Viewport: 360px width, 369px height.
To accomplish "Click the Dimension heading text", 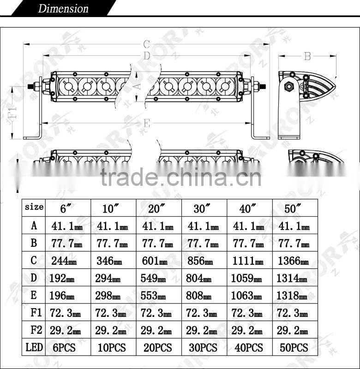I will tap(63, 8).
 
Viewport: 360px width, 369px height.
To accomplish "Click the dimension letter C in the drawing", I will tap(146, 45).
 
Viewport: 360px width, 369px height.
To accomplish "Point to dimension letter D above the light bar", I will tap(146, 56).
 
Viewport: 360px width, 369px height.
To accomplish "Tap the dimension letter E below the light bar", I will tap(146, 123).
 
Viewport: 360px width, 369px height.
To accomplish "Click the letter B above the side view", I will tap(307, 56).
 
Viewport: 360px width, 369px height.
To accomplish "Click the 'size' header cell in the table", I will tap(34, 207).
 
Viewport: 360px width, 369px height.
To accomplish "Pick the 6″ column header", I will tap(66, 208).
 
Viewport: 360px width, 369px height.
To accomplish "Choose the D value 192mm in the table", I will tap(62, 278).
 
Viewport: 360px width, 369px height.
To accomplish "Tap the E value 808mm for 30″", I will tap(200, 295).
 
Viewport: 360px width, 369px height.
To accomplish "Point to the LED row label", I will tap(34, 347).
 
